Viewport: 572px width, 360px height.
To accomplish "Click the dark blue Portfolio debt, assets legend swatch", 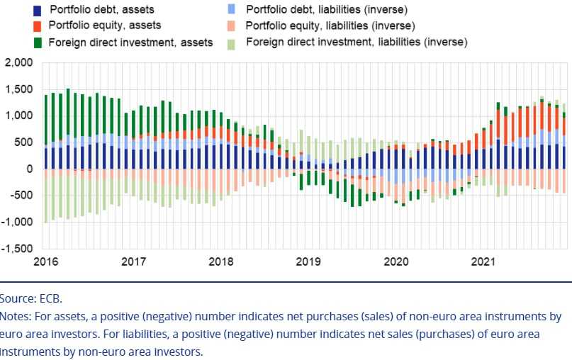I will point(37,10).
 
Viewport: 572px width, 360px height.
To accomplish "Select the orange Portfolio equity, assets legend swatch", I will point(37,26).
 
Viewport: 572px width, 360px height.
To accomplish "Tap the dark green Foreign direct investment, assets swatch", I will point(37,42).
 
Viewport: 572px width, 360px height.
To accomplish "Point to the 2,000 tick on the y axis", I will point(19,62).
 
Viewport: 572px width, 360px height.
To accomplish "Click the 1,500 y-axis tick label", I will point(19,89).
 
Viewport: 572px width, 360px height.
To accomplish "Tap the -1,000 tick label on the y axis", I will point(18,222).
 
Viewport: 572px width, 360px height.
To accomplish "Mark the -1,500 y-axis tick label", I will point(18,249).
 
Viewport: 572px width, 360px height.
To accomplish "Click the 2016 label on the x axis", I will point(47,262).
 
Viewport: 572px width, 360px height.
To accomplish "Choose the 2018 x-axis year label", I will point(221,262).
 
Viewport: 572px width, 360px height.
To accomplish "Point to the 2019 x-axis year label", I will point(308,262).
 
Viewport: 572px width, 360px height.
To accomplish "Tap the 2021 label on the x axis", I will point(483,262).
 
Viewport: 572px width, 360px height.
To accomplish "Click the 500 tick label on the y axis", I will point(24,142).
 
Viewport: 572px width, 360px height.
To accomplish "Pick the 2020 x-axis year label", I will point(396,262).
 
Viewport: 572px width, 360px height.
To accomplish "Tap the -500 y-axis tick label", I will point(22,196).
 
